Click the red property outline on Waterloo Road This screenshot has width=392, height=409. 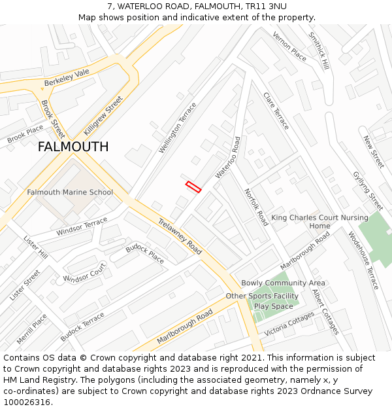193,187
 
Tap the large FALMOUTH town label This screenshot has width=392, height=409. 73,147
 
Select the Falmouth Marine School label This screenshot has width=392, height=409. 70,192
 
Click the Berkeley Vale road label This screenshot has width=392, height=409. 67,79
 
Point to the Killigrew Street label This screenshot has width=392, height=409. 103,115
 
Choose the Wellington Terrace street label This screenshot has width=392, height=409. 177,128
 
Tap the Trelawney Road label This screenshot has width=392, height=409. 180,236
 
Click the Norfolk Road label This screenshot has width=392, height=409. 256,207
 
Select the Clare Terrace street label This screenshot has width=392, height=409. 276,111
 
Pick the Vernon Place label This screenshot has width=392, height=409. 289,46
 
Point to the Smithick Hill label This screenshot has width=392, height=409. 319,51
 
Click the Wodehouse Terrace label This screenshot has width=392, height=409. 363,260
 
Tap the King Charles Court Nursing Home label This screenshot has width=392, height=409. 319,222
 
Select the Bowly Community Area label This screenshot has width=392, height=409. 283,283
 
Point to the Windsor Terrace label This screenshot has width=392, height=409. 82,228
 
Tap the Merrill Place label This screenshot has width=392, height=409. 32,329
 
